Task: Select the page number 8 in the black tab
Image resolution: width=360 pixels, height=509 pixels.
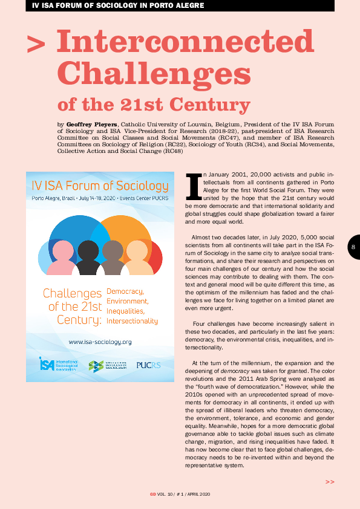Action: (x=353, y=247)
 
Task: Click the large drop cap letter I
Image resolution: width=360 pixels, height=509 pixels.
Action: (x=194, y=187)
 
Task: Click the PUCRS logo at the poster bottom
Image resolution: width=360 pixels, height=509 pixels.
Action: (x=148, y=365)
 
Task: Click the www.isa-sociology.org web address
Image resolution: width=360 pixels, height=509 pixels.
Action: (x=100, y=342)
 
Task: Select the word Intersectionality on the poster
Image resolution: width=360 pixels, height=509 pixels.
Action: (x=132, y=321)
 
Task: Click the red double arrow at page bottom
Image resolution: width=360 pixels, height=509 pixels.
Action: (x=330, y=482)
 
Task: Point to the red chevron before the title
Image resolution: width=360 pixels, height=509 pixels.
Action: (x=36, y=44)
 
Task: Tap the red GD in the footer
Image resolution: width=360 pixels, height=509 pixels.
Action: (x=153, y=494)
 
